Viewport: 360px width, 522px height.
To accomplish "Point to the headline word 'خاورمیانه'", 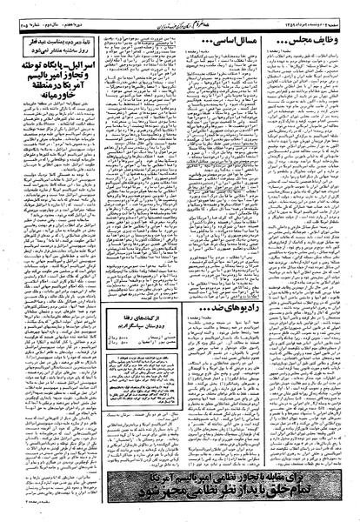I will click(50, 124).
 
